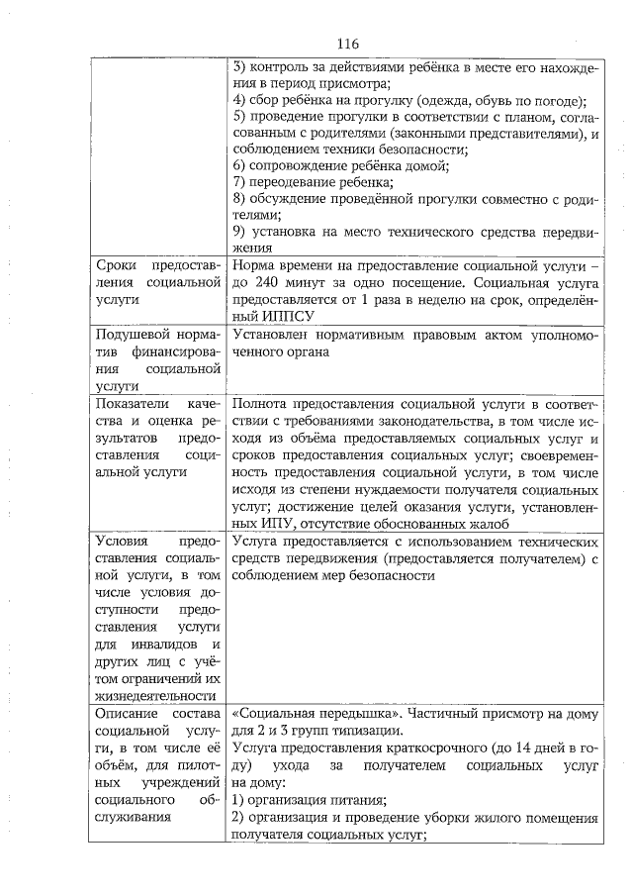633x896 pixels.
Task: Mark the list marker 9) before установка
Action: [x=238, y=232]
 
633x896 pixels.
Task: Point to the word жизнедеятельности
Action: [x=154, y=694]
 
